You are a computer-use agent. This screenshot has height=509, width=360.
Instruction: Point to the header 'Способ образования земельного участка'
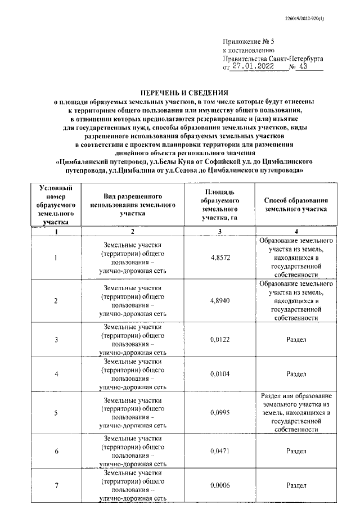point(296,205)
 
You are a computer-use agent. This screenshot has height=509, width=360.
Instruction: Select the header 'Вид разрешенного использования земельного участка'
point(132,205)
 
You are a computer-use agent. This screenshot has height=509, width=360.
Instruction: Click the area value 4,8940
point(220,301)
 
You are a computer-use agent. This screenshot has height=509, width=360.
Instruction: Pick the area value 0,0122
point(220,340)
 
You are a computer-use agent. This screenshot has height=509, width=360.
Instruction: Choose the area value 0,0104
point(220,373)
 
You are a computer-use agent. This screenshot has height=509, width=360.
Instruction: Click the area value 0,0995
point(220,413)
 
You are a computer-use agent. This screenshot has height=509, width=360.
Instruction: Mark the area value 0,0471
point(220,451)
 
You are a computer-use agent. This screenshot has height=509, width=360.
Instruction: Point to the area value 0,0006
point(220,485)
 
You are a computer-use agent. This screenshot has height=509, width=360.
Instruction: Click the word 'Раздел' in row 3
point(296,340)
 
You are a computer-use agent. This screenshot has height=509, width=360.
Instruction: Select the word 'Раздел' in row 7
point(296,485)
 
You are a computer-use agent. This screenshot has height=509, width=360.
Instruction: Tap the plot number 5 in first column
point(56,413)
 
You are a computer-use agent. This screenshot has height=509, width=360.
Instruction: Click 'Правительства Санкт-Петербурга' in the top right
point(273,57)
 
